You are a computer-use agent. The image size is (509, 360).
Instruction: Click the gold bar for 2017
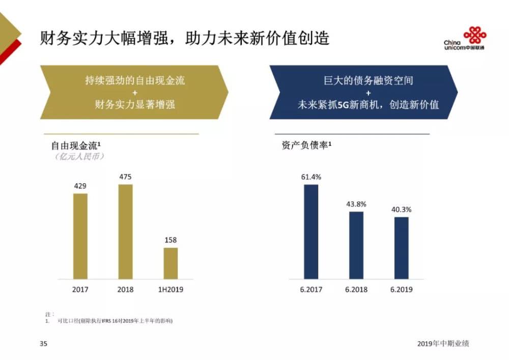tap(80, 236)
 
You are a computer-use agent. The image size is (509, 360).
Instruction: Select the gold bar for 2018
tap(125, 231)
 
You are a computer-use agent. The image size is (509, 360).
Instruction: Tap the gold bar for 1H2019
tap(171, 263)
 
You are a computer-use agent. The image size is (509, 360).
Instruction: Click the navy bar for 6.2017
tap(311, 232)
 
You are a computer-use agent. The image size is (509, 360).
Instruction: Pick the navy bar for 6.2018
tap(356, 245)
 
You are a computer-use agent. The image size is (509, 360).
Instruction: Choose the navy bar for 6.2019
tap(401, 248)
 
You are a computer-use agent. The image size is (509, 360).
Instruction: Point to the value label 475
tap(125, 177)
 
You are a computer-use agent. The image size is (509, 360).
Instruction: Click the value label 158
tap(171, 240)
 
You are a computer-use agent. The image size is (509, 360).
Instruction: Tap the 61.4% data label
tap(311, 177)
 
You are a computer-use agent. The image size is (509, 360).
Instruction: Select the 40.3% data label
tap(401, 209)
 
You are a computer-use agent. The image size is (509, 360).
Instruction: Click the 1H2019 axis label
tap(171, 290)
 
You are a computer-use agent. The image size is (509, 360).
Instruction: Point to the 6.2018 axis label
tap(356, 290)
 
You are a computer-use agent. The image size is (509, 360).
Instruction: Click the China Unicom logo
tap(465, 39)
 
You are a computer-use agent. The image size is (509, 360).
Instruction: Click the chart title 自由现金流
tap(76, 146)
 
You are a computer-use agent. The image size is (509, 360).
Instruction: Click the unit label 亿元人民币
tap(79, 157)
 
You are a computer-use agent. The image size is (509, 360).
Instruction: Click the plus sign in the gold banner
tap(134, 93)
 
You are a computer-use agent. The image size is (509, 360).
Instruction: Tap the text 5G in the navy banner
tap(344, 105)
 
